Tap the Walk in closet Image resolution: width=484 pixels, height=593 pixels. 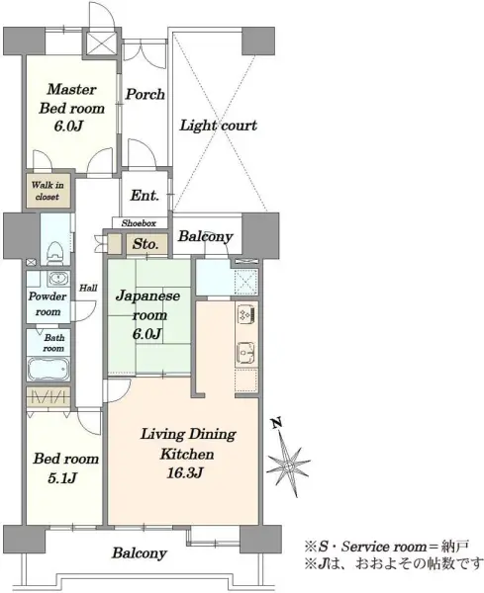48,191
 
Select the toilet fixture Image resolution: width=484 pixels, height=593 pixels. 55,252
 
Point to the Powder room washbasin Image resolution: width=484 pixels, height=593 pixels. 58,278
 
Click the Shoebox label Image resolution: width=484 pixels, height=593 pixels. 139,223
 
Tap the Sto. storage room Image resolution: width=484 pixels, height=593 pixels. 145,244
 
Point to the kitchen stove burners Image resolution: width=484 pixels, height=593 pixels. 246,313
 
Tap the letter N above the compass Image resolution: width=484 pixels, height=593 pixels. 277,422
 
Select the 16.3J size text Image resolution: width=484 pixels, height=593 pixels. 185,473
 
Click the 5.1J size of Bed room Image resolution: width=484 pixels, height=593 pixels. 62,478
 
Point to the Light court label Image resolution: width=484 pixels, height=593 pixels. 218,126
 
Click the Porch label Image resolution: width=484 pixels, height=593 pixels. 145,94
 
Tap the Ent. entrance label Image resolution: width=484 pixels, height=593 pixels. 145,196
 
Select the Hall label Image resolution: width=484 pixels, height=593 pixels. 88,288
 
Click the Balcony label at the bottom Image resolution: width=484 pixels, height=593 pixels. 140,553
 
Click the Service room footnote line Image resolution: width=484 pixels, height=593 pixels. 387,547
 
